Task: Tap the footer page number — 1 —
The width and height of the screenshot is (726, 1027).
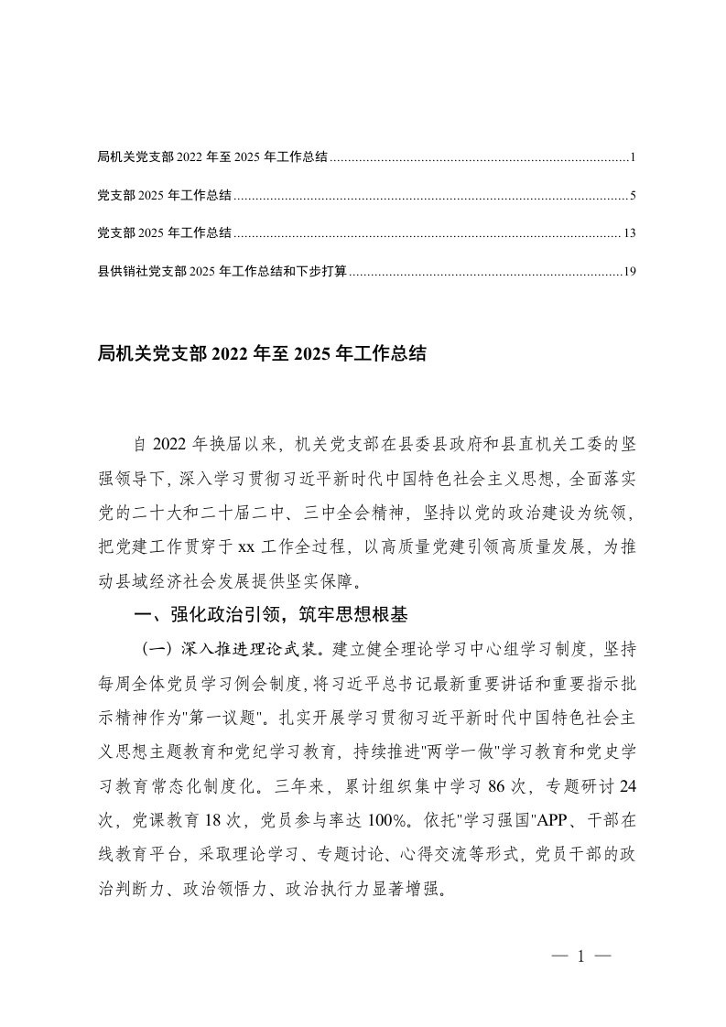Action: tap(581, 958)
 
